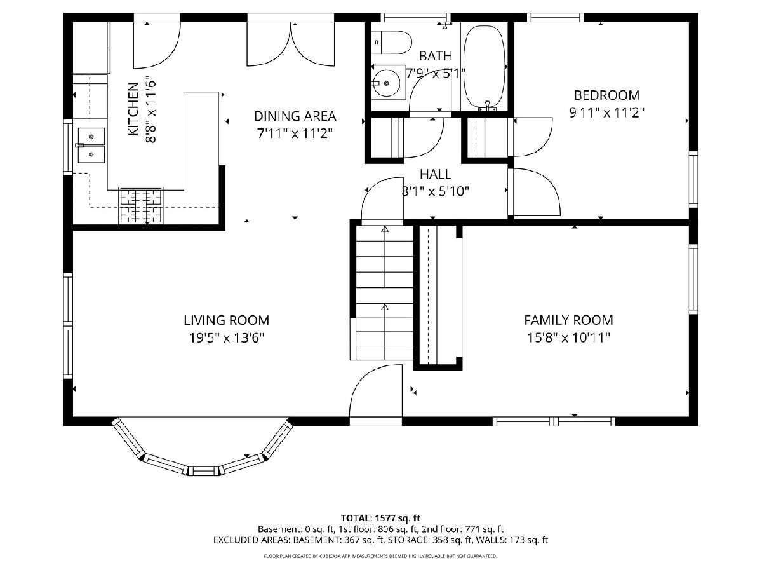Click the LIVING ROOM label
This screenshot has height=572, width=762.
[x=226, y=320]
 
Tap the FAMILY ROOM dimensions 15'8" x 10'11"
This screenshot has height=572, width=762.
[x=568, y=337]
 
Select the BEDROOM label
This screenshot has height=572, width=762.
[x=606, y=95]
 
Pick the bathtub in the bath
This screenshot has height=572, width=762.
[x=485, y=67]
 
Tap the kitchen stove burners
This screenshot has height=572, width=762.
[x=140, y=205]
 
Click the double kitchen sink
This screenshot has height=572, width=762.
[x=91, y=146]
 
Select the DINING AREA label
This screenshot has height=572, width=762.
[x=295, y=116]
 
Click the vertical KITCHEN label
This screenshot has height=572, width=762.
[x=133, y=109]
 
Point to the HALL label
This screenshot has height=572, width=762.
[x=436, y=174]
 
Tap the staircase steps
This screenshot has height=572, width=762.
[x=385, y=292]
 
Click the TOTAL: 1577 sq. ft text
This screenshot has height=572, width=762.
[x=380, y=518]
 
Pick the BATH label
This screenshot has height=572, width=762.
[x=436, y=55]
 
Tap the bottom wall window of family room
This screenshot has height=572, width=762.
[x=554, y=421]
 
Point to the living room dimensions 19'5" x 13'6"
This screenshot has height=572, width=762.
[x=226, y=337]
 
